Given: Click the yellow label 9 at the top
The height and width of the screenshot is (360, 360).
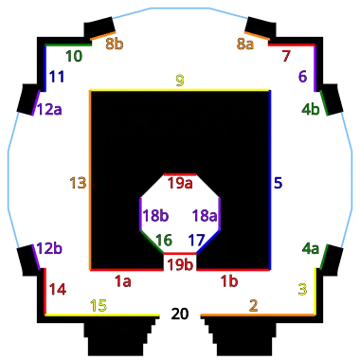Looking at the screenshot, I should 180,81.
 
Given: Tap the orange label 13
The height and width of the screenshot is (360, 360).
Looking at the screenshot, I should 78,182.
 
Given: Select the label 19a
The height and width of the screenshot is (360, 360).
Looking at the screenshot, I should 180,183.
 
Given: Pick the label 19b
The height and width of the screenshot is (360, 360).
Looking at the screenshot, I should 180,264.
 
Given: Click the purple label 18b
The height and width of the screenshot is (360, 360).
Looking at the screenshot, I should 155,216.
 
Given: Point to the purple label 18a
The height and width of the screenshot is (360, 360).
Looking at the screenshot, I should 205,216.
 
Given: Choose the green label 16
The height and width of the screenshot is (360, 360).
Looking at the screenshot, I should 164,241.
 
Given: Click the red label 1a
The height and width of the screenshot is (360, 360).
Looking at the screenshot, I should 123,281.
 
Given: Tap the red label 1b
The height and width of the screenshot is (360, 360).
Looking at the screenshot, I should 229,281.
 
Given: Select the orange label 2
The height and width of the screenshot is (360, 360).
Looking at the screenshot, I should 253,305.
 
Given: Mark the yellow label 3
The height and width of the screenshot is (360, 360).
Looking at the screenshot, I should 302,289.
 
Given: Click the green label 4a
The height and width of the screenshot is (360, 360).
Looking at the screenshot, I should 311,249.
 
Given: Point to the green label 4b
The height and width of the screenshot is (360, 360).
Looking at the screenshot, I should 311,109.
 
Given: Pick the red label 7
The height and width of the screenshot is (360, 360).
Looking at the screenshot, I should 286,56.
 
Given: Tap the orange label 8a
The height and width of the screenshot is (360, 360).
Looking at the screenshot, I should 245,44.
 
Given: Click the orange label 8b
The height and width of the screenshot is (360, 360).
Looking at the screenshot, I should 115,44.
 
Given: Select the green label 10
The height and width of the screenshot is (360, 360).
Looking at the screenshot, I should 74,57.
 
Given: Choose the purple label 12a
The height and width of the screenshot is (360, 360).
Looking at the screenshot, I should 49,109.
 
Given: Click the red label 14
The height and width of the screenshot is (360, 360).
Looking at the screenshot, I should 58,289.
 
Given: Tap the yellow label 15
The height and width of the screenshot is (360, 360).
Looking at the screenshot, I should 99,305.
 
